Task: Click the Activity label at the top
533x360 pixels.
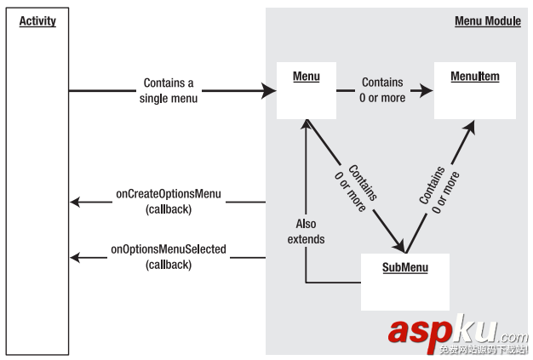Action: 37,21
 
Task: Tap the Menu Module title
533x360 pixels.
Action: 487,21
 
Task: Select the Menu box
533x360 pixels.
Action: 307,89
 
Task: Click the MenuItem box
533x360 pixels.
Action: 474,89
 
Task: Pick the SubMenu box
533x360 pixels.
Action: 404,282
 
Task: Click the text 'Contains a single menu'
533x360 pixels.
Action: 168,89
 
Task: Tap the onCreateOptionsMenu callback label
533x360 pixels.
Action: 169,201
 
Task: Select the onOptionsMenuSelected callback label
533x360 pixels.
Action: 168,257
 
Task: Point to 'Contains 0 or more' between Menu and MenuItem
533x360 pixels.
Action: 382,89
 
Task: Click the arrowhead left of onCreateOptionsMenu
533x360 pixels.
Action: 76,202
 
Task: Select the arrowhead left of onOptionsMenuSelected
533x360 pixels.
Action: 76,257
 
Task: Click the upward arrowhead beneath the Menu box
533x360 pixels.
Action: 306,125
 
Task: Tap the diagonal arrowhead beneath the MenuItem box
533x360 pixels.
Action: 470,126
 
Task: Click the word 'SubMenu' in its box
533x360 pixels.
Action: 404,268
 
